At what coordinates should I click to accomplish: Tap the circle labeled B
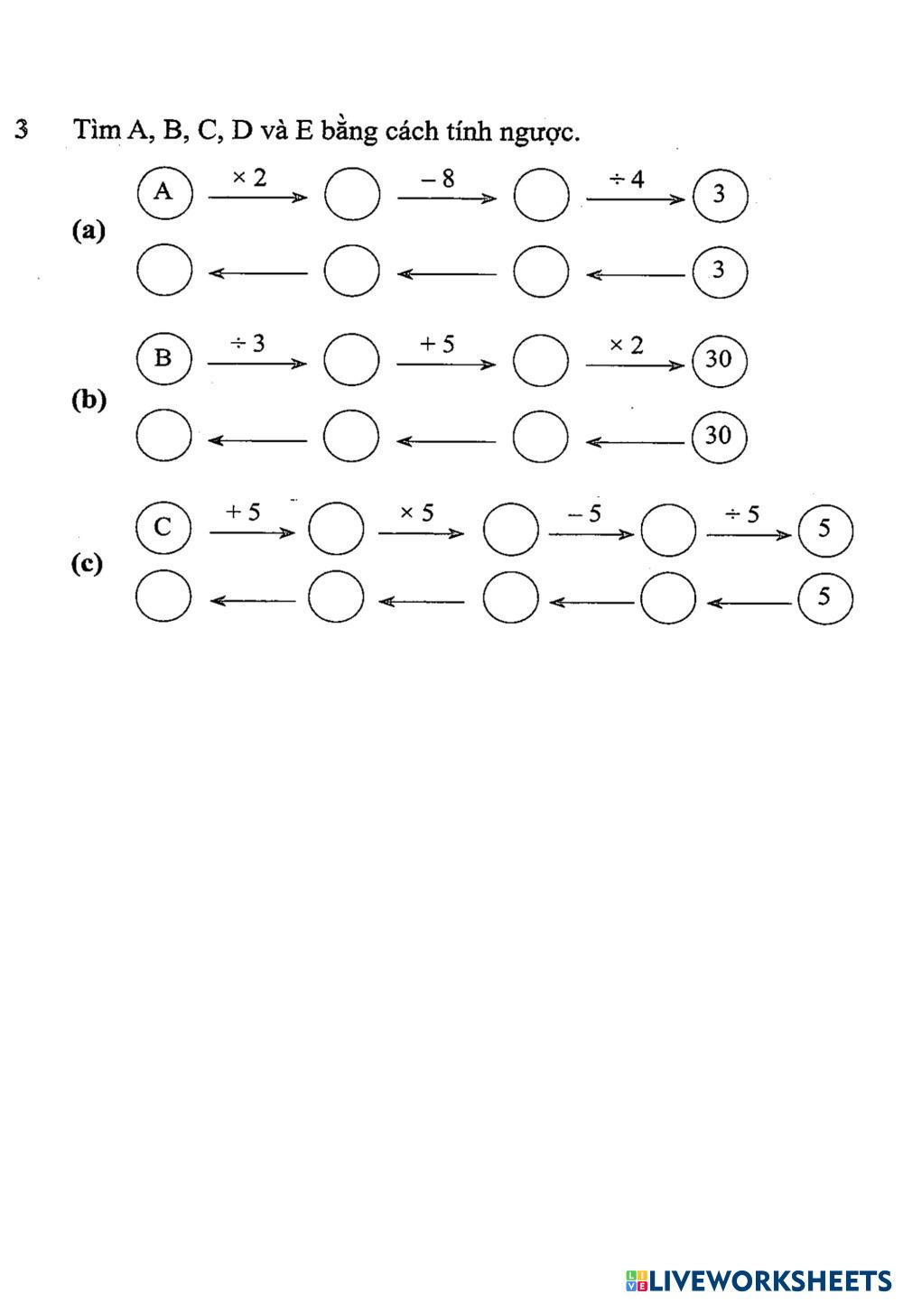(163, 359)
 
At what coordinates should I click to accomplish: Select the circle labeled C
(163, 528)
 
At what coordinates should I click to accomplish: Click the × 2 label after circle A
(249, 178)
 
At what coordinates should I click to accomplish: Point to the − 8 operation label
(437, 179)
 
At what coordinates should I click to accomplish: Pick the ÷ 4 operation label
(627, 180)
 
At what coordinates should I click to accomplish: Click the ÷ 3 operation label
(247, 343)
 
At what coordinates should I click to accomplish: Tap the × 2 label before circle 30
(626, 346)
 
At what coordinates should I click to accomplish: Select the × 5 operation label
(417, 513)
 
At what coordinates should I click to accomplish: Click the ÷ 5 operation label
(742, 514)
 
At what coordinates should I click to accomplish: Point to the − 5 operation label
(584, 513)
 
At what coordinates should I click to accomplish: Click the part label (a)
(88, 231)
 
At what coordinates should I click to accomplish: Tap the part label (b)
(88, 401)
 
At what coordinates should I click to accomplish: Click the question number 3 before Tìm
(22, 129)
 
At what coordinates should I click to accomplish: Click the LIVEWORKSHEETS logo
(759, 1280)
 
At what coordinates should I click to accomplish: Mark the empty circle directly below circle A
(164, 270)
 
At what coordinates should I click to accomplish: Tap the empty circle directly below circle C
(163, 596)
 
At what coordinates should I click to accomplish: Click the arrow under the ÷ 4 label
(636, 199)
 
